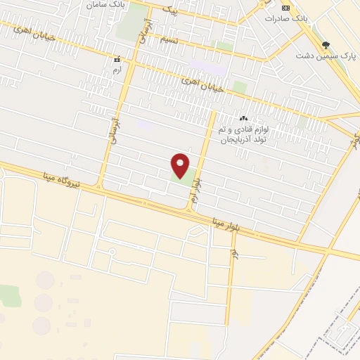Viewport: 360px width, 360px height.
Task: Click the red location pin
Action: [x=180, y=166]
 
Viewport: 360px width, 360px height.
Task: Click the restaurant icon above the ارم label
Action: [x=117, y=60]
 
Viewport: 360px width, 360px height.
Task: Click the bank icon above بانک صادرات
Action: [x=285, y=7]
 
